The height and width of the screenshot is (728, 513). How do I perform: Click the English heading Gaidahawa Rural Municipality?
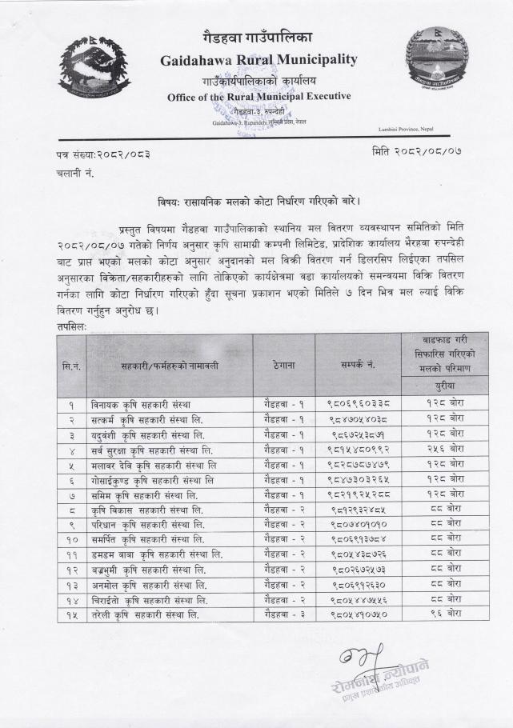[258, 60]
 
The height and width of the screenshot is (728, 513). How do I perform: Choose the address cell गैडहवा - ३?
[283, 614]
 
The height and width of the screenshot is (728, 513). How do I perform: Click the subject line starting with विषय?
[255, 201]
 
